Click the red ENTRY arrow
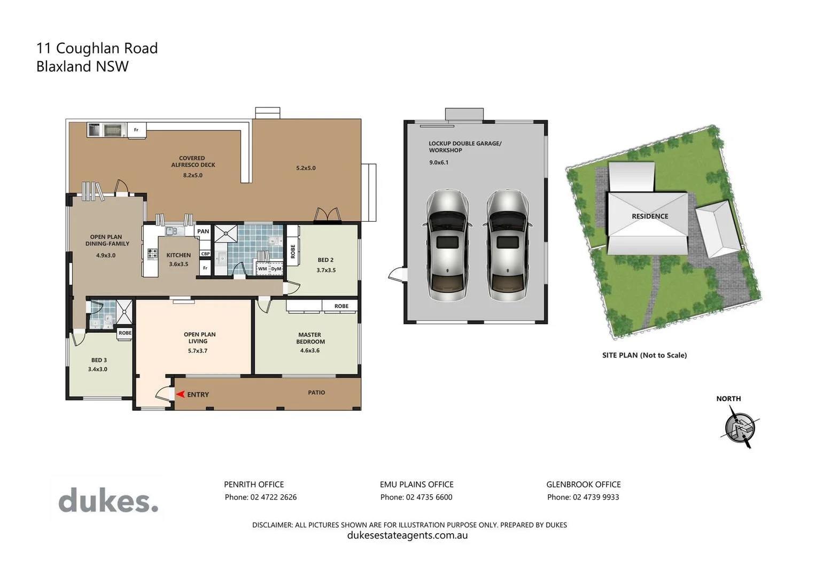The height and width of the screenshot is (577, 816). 180,394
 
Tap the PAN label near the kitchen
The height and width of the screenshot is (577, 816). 203,231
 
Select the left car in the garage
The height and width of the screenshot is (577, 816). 447,245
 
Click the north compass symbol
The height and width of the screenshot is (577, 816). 740,427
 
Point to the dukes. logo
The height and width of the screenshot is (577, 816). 108,501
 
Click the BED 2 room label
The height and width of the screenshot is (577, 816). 325,260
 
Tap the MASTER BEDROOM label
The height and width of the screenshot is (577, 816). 310,338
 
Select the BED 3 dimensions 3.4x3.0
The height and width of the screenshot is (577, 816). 98,369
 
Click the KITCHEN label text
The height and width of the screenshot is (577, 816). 178,255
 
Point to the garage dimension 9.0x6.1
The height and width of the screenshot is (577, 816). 439,162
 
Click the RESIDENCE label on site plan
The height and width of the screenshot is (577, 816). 650,216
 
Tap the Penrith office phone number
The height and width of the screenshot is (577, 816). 261,497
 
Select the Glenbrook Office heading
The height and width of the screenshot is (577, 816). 583,485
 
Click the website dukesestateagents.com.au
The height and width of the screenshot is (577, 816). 407,535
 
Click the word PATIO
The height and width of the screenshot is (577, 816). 316,393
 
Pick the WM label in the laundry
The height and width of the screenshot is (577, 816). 262,269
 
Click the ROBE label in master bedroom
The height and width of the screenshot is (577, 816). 341,306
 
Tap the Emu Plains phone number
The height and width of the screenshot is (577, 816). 416,497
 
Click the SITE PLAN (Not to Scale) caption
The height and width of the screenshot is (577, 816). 644,355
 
